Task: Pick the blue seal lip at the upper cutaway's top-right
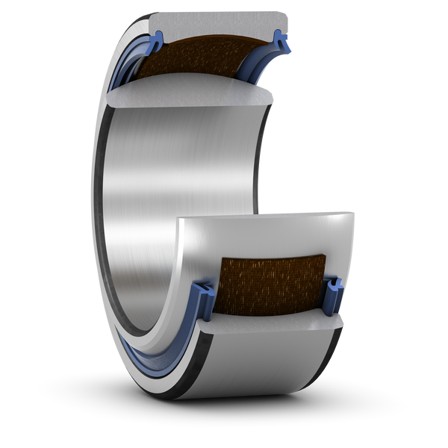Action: [x=282, y=42]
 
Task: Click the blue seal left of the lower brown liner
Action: [x=203, y=295]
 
